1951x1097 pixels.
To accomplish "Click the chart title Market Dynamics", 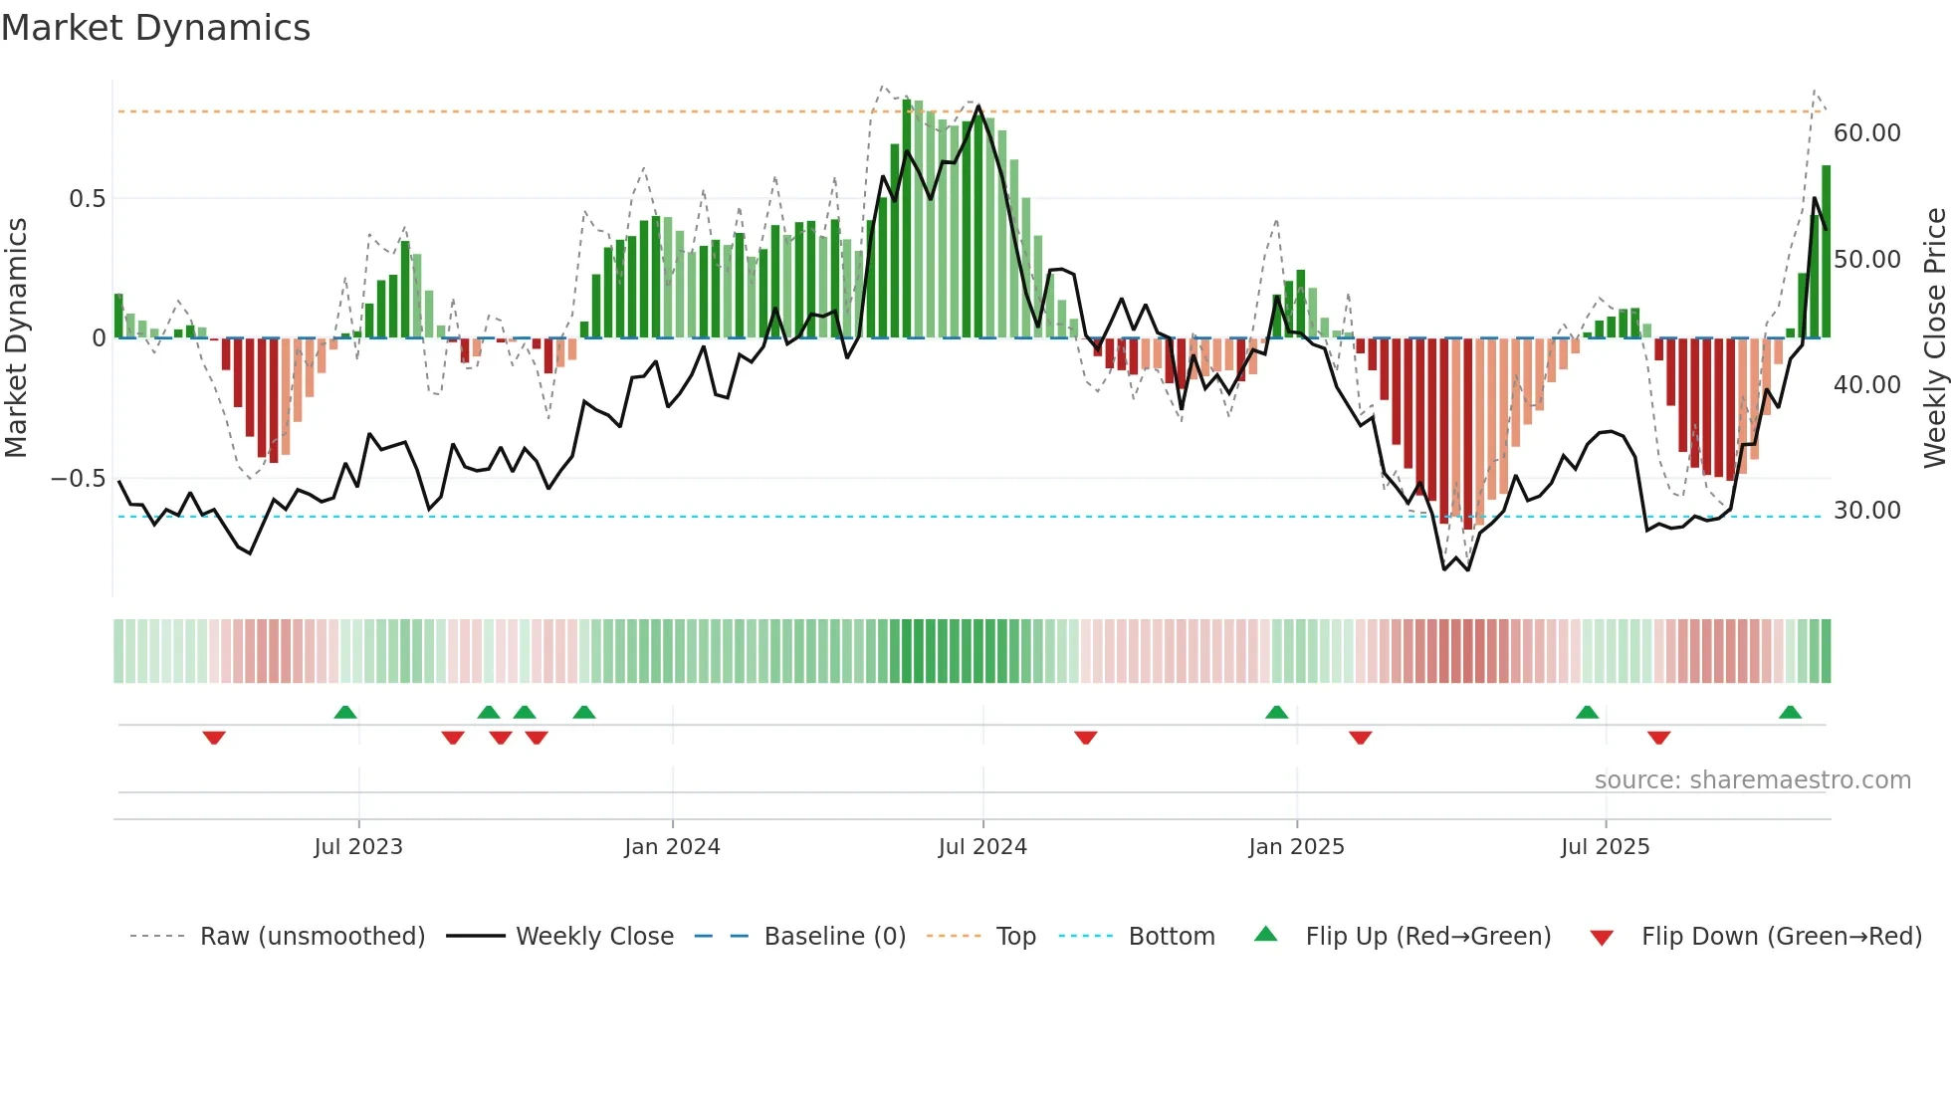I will (156, 28).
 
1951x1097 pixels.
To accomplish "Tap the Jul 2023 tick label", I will (358, 847).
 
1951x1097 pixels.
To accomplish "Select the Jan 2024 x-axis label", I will (672, 847).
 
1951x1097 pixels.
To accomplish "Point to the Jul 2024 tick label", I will (982, 847).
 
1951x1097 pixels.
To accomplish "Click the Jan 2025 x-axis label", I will (1296, 847).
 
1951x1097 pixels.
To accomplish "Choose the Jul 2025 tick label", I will (1605, 847).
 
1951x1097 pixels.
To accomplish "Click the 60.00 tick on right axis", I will (1866, 133).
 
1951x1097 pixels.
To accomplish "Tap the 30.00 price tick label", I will (1866, 511).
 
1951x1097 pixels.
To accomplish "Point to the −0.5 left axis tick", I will (78, 479).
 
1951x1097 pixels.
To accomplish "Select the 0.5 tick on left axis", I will (87, 199).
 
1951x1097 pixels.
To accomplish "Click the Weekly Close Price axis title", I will (1934, 338).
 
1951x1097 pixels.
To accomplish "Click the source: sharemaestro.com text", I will (1752, 780).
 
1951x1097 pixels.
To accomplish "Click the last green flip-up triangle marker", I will (1790, 713).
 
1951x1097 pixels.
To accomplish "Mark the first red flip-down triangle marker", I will (214, 738).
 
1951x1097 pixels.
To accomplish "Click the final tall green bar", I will (1826, 252).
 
